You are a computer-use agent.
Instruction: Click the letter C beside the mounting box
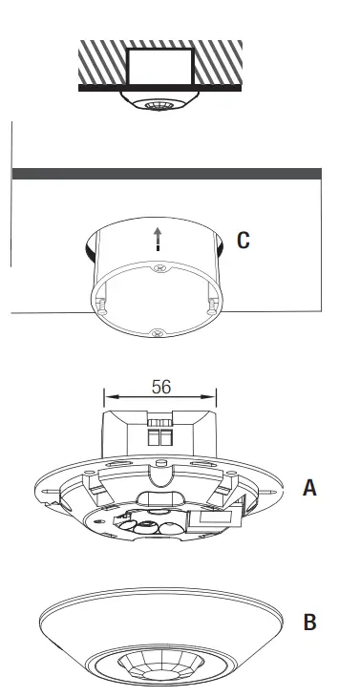(244, 240)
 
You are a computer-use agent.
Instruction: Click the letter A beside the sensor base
(308, 488)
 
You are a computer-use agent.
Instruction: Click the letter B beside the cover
(308, 623)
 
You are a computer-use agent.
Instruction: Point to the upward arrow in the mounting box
(158, 239)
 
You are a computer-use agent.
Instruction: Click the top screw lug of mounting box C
(157, 269)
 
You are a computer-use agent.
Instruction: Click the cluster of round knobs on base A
(153, 524)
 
